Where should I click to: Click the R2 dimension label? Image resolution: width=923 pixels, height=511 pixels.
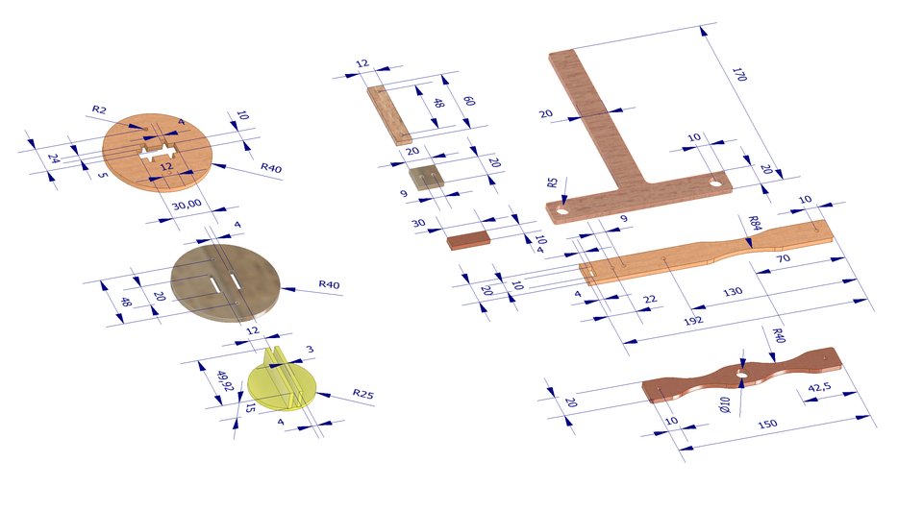pos(100,109)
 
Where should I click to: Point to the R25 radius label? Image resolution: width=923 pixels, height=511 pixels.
pos(363,394)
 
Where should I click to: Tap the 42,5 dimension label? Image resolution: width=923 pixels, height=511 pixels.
pos(820,389)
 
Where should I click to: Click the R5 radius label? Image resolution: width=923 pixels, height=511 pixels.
pos(553,182)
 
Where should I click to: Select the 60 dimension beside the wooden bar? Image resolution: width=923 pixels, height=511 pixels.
pos(468,101)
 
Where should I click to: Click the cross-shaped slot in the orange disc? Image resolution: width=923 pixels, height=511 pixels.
pos(157,153)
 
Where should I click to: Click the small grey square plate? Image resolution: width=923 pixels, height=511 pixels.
pos(424,177)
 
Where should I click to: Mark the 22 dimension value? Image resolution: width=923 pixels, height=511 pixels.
pos(651,301)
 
